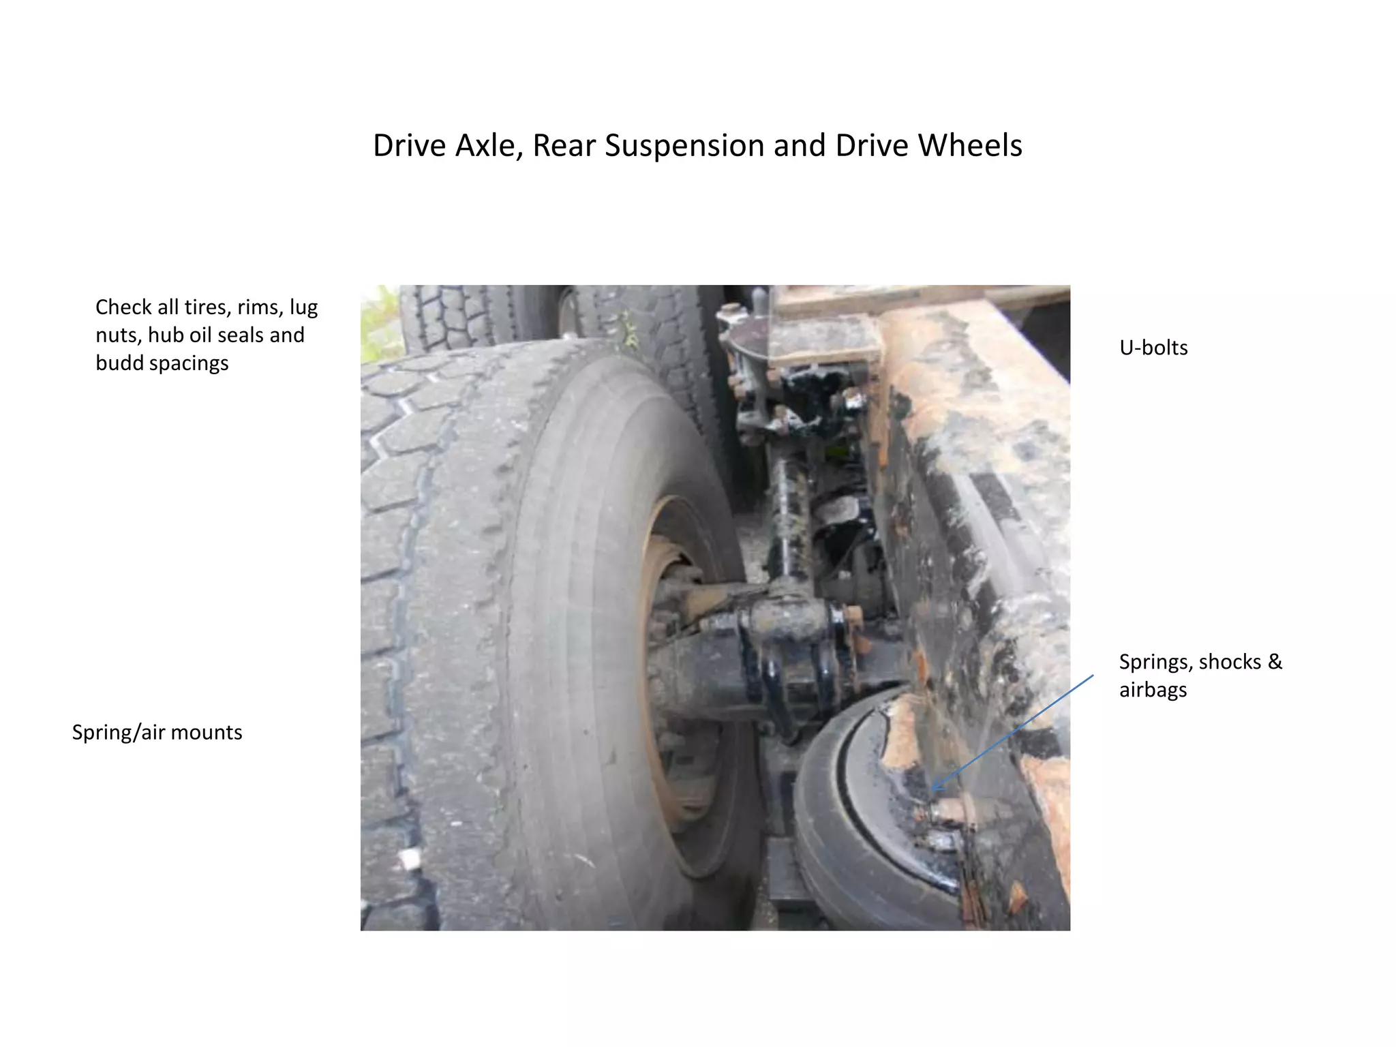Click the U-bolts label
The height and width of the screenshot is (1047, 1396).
pos(1153,348)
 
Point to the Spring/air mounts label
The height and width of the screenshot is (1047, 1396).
pos(157,732)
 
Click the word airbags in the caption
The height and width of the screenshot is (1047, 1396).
pos(1153,690)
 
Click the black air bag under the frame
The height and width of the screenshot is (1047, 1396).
pos(852,818)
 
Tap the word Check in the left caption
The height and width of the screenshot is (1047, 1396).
pos(123,307)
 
